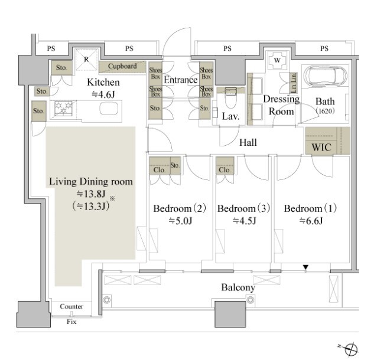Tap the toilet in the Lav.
click(x=231, y=97)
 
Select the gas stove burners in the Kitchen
click(x=64, y=108)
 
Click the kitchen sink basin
click(x=109, y=109)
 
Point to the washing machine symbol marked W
click(x=277, y=60)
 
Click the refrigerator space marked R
click(x=86, y=60)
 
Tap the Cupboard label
click(x=122, y=66)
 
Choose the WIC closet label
click(x=321, y=148)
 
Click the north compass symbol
click(x=350, y=349)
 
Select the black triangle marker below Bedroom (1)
click(x=306, y=267)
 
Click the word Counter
click(x=71, y=306)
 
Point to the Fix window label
click(x=71, y=322)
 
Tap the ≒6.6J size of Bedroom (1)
click(x=311, y=221)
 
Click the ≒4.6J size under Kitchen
click(x=103, y=94)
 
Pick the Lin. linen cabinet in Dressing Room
click(x=293, y=83)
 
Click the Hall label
click(x=248, y=142)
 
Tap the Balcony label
click(x=238, y=287)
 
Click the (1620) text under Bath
click(x=326, y=111)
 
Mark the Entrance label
click(x=181, y=80)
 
